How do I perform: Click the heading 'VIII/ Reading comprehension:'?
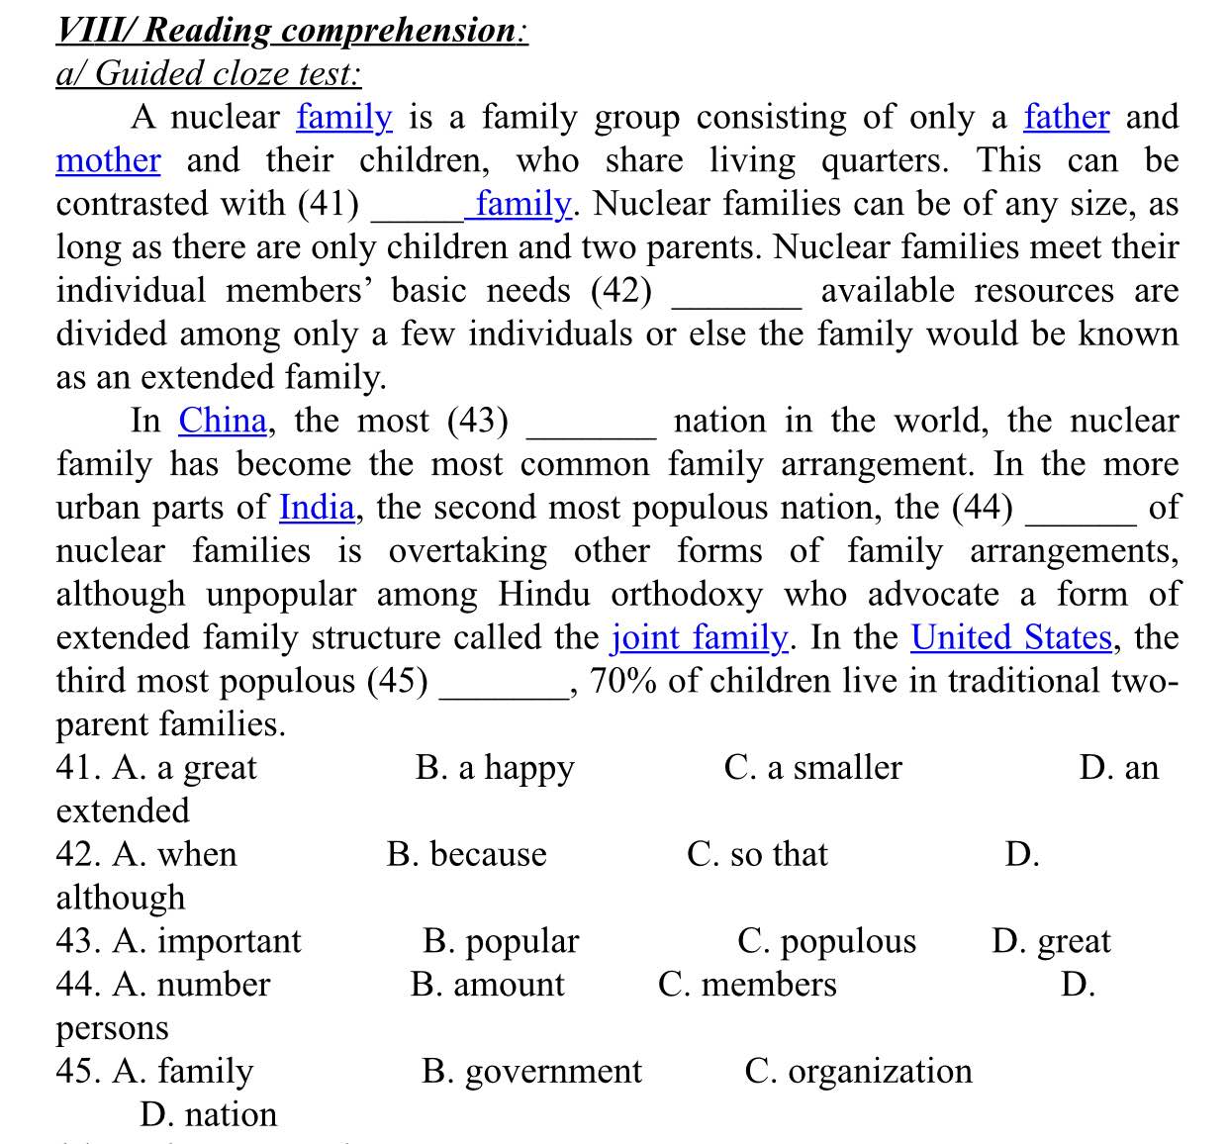tap(292, 30)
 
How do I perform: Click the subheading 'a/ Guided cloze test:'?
tap(209, 73)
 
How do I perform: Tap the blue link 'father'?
tap(1066, 117)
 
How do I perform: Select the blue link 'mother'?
tap(108, 160)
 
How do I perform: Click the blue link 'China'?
tap(223, 421)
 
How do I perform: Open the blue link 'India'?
tap(317, 508)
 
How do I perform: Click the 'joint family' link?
tap(700, 637)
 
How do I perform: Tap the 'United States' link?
tap(1011, 637)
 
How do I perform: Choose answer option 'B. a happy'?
tap(495, 768)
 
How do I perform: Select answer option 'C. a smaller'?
tap(812, 768)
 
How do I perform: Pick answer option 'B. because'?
tap(466, 854)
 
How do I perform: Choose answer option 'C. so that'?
tap(757, 854)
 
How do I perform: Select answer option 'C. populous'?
tap(826, 941)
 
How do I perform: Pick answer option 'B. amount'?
tap(487, 985)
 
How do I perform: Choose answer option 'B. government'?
tap(531, 1072)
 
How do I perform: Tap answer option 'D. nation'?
tap(208, 1115)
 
